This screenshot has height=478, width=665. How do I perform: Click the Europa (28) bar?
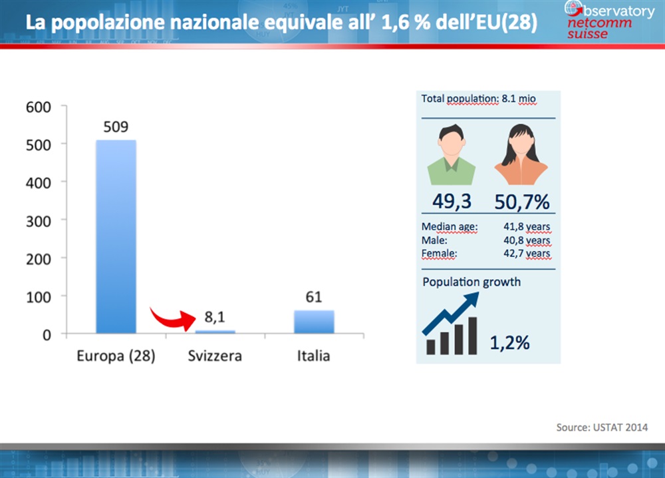point(116,236)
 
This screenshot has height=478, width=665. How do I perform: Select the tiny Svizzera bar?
point(215,332)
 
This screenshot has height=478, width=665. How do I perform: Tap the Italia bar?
point(314,322)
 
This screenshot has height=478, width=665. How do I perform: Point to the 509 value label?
point(116,126)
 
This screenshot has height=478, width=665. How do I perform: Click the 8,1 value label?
point(215,317)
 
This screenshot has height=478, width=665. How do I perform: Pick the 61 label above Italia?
point(314,297)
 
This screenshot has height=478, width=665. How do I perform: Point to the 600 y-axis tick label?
point(39,107)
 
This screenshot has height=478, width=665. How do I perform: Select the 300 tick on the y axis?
point(39,221)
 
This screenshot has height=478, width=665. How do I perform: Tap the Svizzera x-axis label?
point(215,356)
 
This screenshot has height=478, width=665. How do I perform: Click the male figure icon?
point(452,154)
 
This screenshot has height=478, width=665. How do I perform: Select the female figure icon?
point(521,154)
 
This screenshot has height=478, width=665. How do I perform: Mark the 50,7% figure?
point(522,202)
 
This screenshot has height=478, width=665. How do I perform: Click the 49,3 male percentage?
point(452,201)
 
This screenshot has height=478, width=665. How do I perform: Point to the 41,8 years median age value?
point(527,227)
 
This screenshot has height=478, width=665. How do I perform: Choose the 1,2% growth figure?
point(510,343)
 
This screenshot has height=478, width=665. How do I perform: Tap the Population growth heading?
point(471,282)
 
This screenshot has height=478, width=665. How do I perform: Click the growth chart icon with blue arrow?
point(451,324)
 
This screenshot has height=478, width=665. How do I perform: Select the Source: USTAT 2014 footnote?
point(602,427)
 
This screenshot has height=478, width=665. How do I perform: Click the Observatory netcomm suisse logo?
point(609,20)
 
